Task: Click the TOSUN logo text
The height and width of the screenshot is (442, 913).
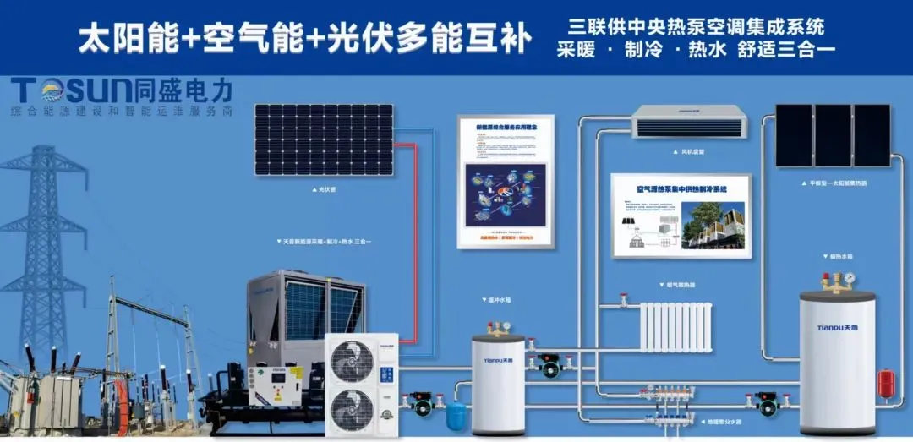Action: coord(72,90)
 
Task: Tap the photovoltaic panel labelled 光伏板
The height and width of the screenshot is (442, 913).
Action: coord(324,139)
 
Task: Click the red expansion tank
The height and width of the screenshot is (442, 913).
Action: coord(885,383)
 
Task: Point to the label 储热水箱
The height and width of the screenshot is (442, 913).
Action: coord(838,255)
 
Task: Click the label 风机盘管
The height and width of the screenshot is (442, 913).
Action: coord(692,153)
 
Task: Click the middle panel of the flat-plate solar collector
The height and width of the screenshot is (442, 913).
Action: coord(833,135)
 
